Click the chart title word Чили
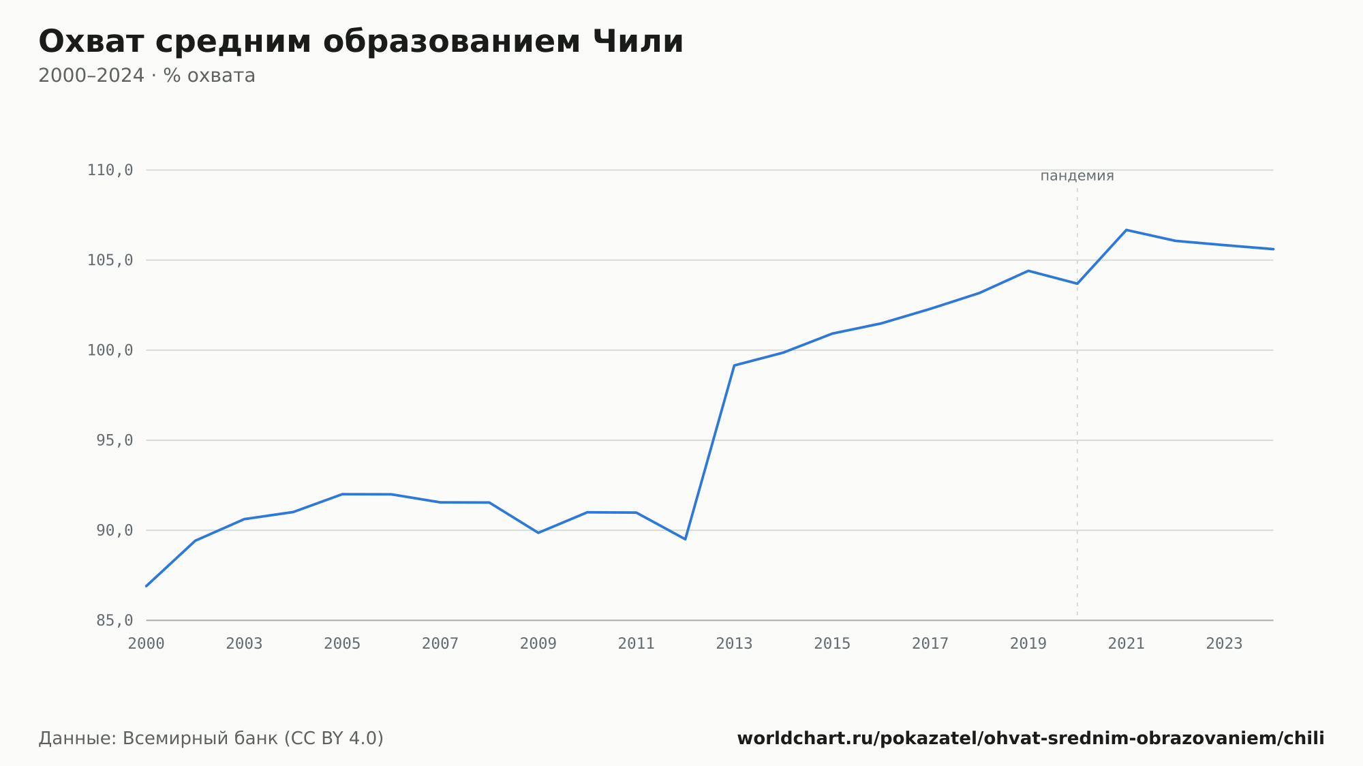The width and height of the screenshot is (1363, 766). point(638,42)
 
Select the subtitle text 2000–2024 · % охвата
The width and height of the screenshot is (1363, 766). point(147,76)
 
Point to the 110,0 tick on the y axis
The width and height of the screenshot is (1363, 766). point(110,170)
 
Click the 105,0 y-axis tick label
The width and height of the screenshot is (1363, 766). point(110,260)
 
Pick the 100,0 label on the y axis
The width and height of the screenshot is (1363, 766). point(110,350)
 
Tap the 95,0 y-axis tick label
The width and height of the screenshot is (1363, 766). point(114,440)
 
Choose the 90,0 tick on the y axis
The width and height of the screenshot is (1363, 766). point(114,530)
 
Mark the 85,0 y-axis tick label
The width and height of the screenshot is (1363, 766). point(114,620)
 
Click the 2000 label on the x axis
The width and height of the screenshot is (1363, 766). point(147,644)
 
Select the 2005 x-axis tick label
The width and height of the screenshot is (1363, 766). point(342,644)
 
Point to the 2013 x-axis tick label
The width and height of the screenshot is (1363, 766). point(734,644)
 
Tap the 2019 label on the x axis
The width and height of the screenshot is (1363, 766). point(1028,644)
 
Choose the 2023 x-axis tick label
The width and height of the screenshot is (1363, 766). point(1224,644)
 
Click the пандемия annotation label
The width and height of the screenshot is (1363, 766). point(1077,176)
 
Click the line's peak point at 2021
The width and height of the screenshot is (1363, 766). point(1127,230)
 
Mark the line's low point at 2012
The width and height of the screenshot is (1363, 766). point(685,539)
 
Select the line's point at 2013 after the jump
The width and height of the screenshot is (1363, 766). point(734,365)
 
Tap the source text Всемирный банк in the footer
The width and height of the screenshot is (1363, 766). point(200,739)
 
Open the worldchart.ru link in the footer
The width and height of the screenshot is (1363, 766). point(1030,739)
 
